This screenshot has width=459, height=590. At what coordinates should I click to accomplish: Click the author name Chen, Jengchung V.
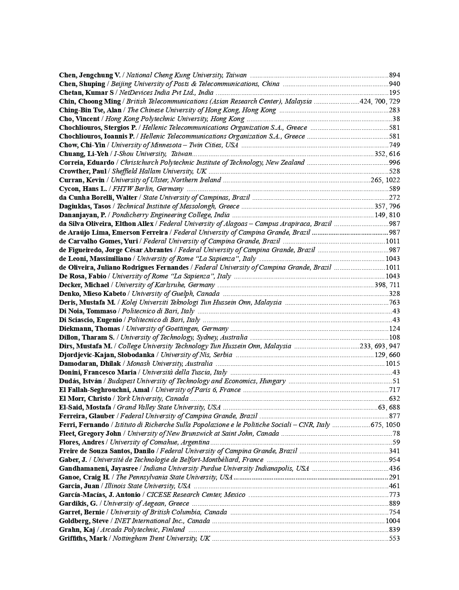click(90, 75)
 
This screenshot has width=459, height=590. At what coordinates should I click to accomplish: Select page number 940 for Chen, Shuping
click(394, 84)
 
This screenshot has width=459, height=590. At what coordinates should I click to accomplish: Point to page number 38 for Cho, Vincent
click(396, 119)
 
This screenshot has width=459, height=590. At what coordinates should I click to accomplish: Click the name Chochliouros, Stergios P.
click(98, 128)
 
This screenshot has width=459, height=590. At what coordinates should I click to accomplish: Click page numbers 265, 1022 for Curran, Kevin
click(385, 180)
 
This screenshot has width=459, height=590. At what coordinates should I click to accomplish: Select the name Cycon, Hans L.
click(83, 189)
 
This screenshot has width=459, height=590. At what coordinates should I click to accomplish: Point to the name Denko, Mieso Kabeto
click(92, 294)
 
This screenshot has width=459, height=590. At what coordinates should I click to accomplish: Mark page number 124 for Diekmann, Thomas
click(394, 329)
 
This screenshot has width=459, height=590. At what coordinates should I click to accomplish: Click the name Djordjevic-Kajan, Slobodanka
click(107, 355)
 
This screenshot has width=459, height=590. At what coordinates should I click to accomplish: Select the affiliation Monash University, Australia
click(170, 364)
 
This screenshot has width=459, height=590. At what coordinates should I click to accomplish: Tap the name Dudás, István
click(80, 381)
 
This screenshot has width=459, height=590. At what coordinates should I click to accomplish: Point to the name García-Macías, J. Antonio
click(100, 495)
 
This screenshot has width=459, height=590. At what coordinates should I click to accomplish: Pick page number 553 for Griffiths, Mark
click(394, 538)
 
